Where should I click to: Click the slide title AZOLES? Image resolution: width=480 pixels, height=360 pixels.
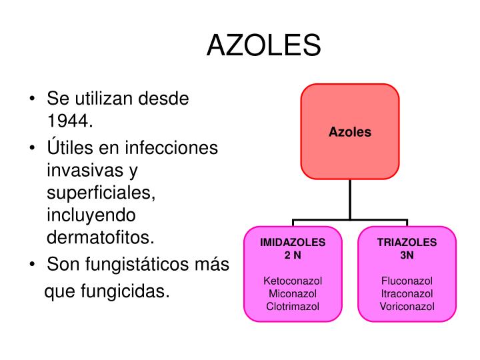(263, 45)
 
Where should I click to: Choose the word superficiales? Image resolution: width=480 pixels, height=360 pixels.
(101, 193)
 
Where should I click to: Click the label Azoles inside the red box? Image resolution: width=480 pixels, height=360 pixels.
(349, 132)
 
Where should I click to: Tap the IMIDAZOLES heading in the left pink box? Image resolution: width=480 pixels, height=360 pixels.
(293, 242)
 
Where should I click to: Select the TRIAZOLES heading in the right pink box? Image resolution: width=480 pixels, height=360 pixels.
(407, 242)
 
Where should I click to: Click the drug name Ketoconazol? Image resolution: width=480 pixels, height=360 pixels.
(293, 281)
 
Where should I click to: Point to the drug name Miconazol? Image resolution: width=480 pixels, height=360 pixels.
(293, 293)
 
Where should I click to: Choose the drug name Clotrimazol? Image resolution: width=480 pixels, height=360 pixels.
(293, 306)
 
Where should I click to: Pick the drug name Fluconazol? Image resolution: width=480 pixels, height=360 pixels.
(407, 281)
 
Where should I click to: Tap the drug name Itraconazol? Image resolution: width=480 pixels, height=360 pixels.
(407, 293)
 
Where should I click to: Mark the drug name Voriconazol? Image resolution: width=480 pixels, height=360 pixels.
(407, 306)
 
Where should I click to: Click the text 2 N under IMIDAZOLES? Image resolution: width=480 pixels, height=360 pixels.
(293, 254)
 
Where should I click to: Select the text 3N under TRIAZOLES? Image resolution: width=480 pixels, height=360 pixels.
(407, 254)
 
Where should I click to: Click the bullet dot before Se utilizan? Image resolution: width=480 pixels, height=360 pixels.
(33, 99)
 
